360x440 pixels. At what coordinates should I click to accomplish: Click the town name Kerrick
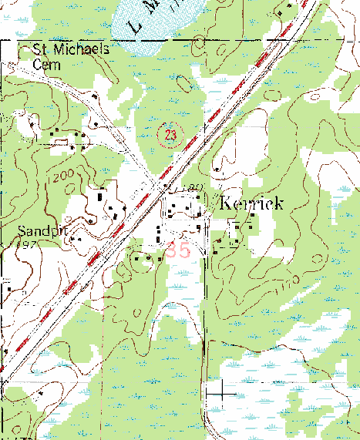point(252,204)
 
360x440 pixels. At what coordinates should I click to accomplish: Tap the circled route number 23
point(170,135)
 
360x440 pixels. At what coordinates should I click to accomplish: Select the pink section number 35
point(177,250)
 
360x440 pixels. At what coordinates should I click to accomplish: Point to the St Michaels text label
point(72,49)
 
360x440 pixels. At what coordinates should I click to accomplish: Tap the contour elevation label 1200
point(64,177)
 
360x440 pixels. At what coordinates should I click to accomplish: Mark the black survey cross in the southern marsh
point(222,392)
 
